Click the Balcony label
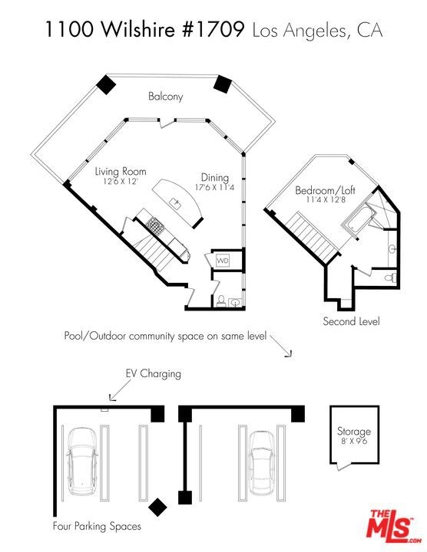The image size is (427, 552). click(x=165, y=97)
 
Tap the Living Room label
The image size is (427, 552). click(x=121, y=172)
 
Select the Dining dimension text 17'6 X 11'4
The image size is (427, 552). click(x=215, y=187)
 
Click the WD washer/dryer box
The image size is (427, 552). click(x=223, y=261)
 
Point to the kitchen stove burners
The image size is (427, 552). click(x=155, y=225)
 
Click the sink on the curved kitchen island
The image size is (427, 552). click(x=176, y=203)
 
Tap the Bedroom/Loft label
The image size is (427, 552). click(x=325, y=191)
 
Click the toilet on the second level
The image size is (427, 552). click(x=390, y=278)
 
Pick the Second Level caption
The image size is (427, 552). click(x=352, y=321)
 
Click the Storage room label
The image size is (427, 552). click(x=354, y=432)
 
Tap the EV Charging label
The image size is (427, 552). click(x=154, y=373)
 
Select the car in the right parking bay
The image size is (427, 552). click(x=261, y=462)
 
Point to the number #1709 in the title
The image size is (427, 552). click(x=214, y=30)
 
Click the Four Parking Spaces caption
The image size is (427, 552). click(x=97, y=526)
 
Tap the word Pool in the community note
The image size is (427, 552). click(x=74, y=336)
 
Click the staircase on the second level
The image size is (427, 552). click(x=311, y=237)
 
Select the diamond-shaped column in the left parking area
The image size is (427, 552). click(x=157, y=507)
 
